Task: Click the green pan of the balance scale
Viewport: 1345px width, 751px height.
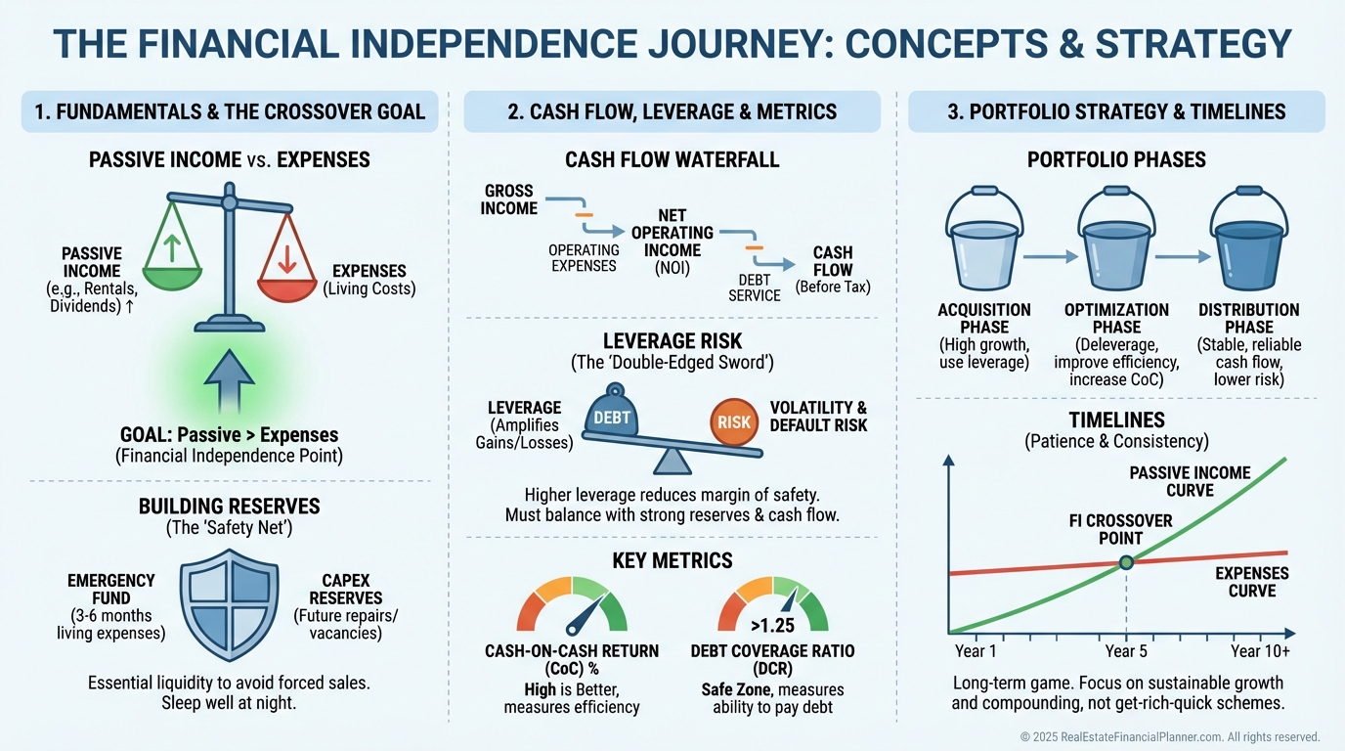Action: tap(171, 280)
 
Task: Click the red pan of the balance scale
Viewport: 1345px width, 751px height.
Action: tap(287, 286)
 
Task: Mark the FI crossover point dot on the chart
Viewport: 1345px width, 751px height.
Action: tap(1126, 562)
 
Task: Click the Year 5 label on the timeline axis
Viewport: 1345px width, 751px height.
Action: tap(1126, 651)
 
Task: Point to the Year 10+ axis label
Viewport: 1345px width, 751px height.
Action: tap(1260, 651)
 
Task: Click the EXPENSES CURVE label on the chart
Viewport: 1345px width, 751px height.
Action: tap(1252, 582)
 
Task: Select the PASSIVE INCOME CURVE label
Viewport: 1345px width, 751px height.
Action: tap(1190, 481)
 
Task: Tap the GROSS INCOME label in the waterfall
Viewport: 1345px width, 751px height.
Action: tap(510, 199)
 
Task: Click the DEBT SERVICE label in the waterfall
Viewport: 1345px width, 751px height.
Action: tap(754, 287)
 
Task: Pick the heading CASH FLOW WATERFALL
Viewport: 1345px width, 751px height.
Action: tap(672, 159)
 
